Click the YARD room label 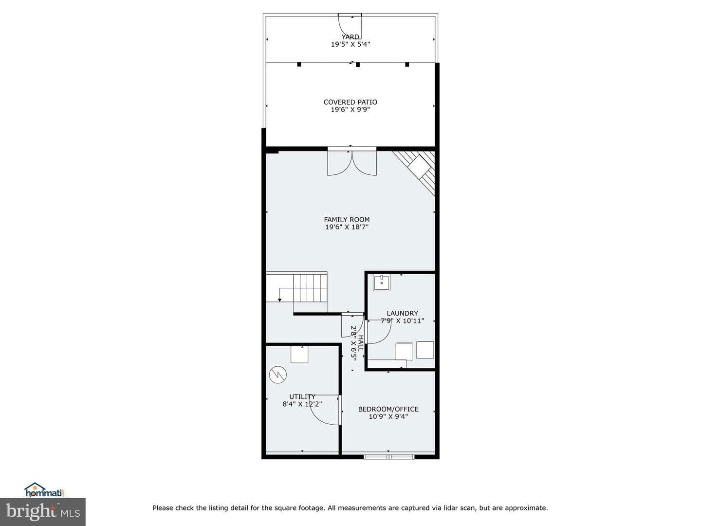[350, 37]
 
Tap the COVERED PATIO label [350, 102]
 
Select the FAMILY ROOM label [347, 220]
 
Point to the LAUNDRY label [402, 313]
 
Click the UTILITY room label [302, 396]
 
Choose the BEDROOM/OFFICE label [388, 409]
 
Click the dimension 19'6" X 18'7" [347, 227]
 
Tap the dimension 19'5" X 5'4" [350, 44]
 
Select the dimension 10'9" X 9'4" [388, 416]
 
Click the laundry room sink [382, 282]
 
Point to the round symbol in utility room [278, 375]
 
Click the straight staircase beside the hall [297, 287]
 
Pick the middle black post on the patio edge [358, 64]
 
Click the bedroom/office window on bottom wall [389, 457]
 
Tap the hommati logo [44, 489]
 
